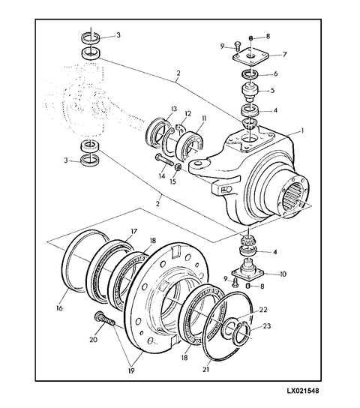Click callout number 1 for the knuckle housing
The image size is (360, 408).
click(x=302, y=131)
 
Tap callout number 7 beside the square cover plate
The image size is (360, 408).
click(x=284, y=55)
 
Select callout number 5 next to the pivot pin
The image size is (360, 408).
click(x=272, y=90)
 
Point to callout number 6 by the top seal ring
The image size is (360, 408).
click(x=275, y=73)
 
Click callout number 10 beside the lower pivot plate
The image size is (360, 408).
click(x=283, y=274)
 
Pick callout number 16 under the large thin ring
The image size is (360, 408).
click(x=59, y=308)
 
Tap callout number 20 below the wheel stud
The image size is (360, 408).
click(x=93, y=340)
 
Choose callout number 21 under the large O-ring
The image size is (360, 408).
click(x=205, y=369)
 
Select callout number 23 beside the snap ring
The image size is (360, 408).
click(x=267, y=325)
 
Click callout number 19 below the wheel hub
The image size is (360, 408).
click(x=131, y=371)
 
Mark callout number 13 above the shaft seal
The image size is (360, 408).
click(x=173, y=109)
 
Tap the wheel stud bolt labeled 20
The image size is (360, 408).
click(x=105, y=319)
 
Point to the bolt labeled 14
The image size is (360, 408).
click(x=164, y=160)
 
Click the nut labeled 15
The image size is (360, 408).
click(x=178, y=166)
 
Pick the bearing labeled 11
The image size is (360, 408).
click(x=190, y=145)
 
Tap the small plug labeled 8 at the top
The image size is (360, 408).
click(x=251, y=38)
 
